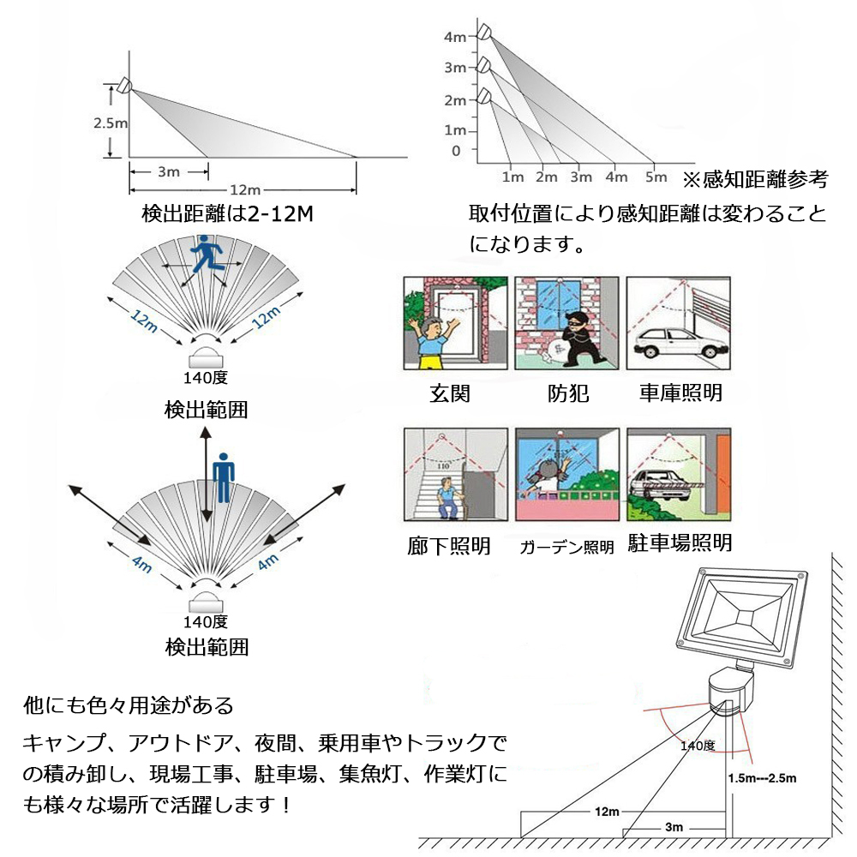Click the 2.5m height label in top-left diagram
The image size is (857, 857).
point(111,123)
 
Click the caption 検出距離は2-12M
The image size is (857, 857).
point(227,213)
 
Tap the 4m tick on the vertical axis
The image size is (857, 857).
point(455,37)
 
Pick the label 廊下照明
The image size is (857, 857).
point(449,546)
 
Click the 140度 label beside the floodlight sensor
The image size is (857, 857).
point(698,746)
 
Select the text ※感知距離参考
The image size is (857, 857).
point(754,179)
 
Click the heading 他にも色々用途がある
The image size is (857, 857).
point(128,705)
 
